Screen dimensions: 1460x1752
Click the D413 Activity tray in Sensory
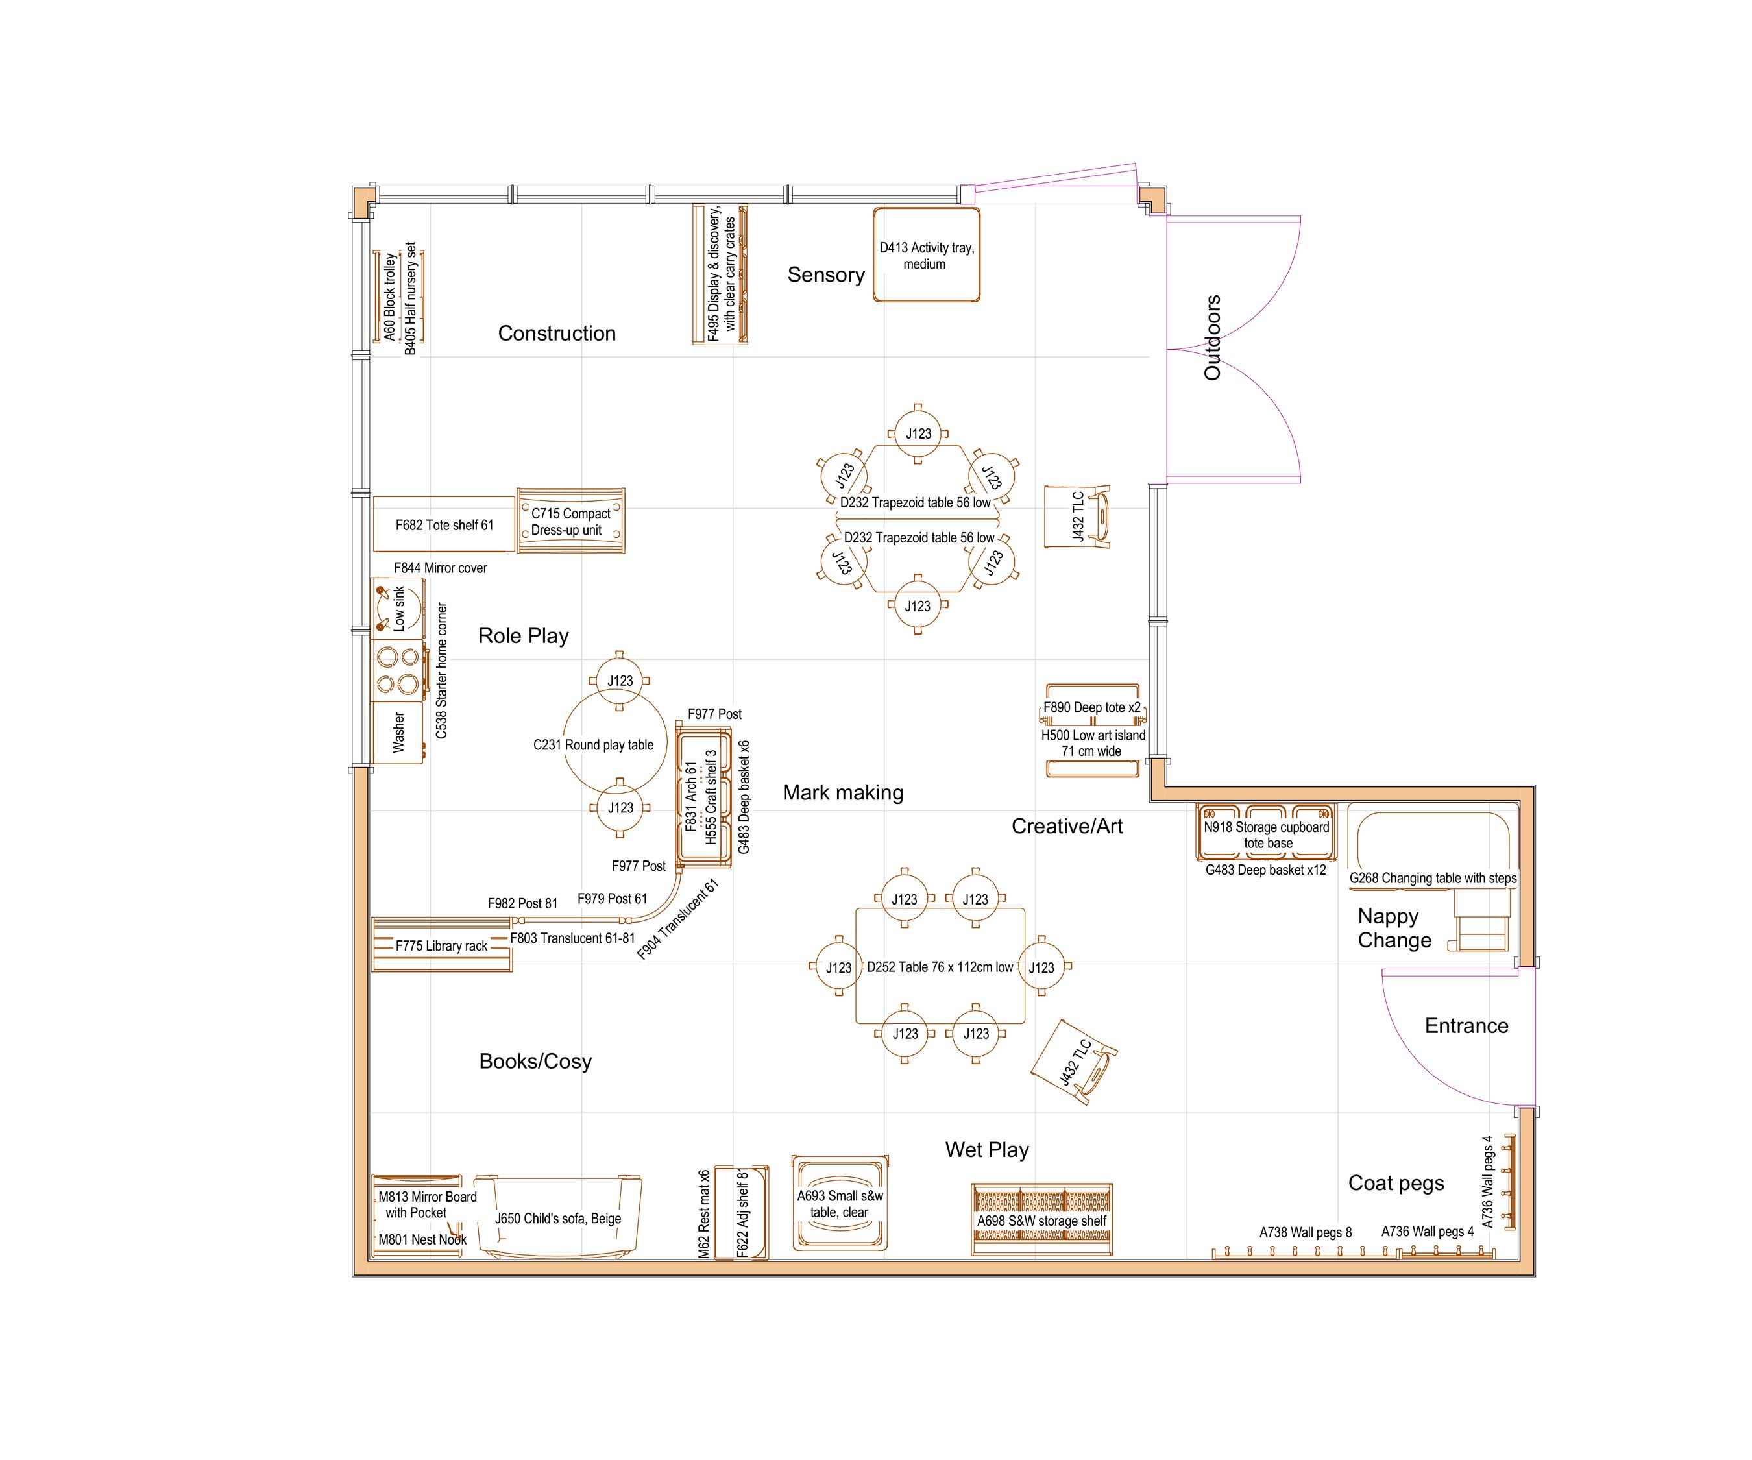pyautogui.click(x=926, y=255)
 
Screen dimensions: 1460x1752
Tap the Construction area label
pyautogui.click(x=557, y=334)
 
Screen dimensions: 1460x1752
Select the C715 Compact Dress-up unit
pyautogui.click(x=570, y=522)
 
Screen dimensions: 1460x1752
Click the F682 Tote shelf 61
pyautogui.click(x=444, y=525)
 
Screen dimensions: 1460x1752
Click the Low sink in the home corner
pyautogui.click(x=398, y=607)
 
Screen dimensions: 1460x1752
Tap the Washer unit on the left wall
pyautogui.click(x=398, y=733)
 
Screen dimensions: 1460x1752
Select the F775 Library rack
pyautogui.click(x=441, y=945)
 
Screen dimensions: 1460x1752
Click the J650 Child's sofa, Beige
pyautogui.click(x=557, y=1218)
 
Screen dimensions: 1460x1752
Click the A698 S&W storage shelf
pyautogui.click(x=1041, y=1221)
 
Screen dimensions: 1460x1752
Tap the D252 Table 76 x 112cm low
pyautogui.click(x=940, y=967)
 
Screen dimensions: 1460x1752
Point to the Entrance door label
pyautogui.click(x=1466, y=1025)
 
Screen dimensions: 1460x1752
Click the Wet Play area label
pyautogui.click(x=986, y=1150)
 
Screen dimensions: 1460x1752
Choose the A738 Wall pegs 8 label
pyautogui.click(x=1305, y=1232)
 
